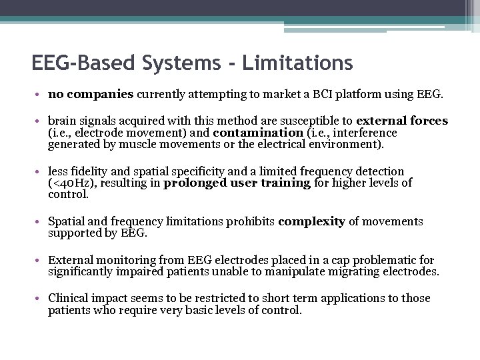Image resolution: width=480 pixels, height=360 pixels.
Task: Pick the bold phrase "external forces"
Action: (402, 121)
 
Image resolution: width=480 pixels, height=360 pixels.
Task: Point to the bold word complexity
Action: (311, 221)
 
